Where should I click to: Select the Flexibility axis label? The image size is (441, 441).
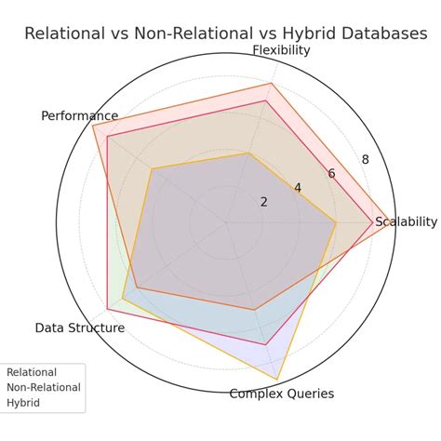coord(281,50)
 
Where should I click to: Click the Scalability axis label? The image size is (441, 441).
coord(406,221)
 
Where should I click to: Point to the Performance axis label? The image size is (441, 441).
coord(80,116)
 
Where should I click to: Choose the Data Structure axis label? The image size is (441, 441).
coord(80,327)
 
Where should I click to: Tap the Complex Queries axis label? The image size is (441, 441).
coord(281,394)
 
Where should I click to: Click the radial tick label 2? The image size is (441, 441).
coord(263,202)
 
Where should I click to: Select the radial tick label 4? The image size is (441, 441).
coord(298,188)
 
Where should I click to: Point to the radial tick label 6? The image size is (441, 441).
coord(331,174)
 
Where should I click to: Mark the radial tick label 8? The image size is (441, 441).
coord(365,160)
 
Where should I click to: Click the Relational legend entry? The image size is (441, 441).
coord(32,372)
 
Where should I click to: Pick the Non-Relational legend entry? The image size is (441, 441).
coord(44,387)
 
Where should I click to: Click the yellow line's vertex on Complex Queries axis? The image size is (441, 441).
coord(277,380)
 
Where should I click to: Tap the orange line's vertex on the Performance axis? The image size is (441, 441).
coord(93,125)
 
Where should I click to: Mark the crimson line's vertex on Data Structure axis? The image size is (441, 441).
coord(107,309)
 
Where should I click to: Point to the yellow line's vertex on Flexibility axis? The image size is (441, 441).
coord(247,154)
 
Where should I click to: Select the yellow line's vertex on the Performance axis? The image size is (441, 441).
coord(152,168)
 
